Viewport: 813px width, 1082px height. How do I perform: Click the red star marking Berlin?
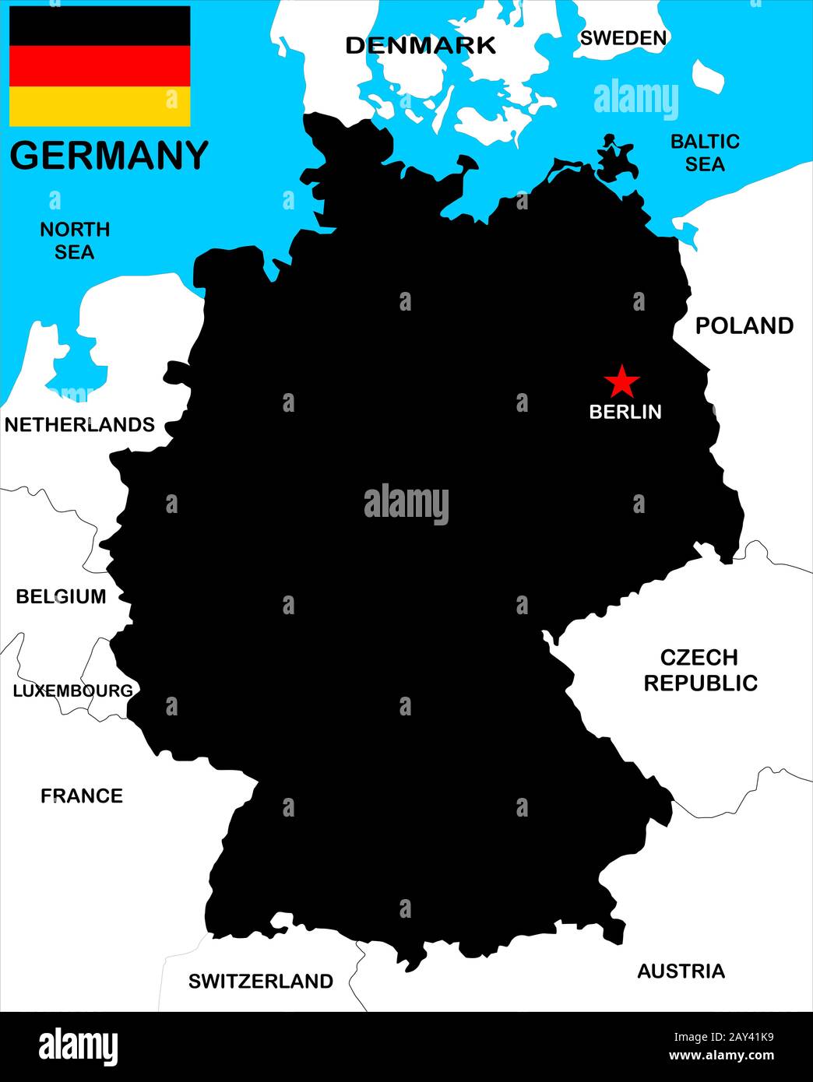point(621,381)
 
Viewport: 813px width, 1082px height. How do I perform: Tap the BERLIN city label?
point(625,412)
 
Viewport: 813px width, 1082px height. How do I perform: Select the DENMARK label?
point(421,45)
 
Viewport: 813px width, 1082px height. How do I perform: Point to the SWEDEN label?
point(624,37)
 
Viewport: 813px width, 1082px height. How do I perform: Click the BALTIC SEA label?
point(705,153)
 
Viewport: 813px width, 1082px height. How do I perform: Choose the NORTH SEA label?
point(75,241)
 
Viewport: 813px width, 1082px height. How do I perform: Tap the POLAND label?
point(744,325)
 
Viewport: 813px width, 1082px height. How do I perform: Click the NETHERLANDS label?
point(79,424)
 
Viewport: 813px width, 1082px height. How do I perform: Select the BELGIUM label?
point(61,596)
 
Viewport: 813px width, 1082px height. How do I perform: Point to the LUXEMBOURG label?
point(72,690)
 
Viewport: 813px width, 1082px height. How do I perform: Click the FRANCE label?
point(82,796)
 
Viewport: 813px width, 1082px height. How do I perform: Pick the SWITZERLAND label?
point(261,981)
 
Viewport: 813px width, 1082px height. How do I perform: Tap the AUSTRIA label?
point(681,971)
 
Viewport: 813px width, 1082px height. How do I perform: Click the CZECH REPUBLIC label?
point(700,670)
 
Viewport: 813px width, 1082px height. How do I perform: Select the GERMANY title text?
point(109,155)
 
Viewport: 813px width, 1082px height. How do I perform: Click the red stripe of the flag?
point(100,66)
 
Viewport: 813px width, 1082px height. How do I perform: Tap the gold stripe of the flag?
point(100,107)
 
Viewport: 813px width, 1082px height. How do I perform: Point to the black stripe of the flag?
point(100,26)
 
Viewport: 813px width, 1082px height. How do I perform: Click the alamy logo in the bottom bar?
point(78,1046)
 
